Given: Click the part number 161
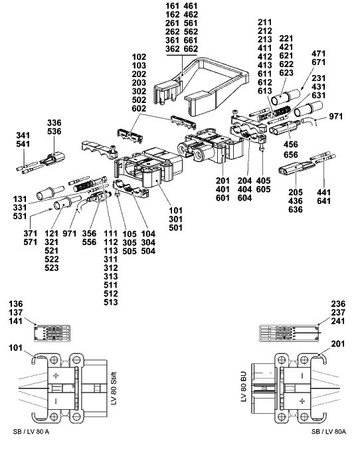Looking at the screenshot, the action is pos(172,6).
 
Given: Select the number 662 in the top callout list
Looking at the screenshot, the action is pos(191,49).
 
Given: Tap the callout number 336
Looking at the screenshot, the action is pos(54,123).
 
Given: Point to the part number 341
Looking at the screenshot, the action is pos(23,135).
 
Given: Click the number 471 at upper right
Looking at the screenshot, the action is pos(319,54).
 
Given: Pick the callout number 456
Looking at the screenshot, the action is pos(291,144).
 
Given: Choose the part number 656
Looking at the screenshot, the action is pos(291,155).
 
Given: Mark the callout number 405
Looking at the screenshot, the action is pos(264,181).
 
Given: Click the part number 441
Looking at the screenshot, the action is pos(323,192).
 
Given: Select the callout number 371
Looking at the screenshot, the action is pos(30,233).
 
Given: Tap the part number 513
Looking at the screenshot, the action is pos(111,302).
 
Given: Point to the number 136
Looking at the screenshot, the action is pos(15,304).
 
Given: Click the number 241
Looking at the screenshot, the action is pos(338,321).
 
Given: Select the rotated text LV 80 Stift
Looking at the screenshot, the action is pos(114,389).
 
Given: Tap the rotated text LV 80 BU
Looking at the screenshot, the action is pos(243,387).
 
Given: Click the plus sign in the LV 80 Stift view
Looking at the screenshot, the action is pos(56,376).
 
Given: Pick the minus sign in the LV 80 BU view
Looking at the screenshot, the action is pos(302,376).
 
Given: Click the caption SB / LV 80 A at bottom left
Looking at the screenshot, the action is pos(31,432).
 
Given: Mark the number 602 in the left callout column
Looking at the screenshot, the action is pos(139,108).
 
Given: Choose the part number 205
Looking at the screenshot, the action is pos(296,192).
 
